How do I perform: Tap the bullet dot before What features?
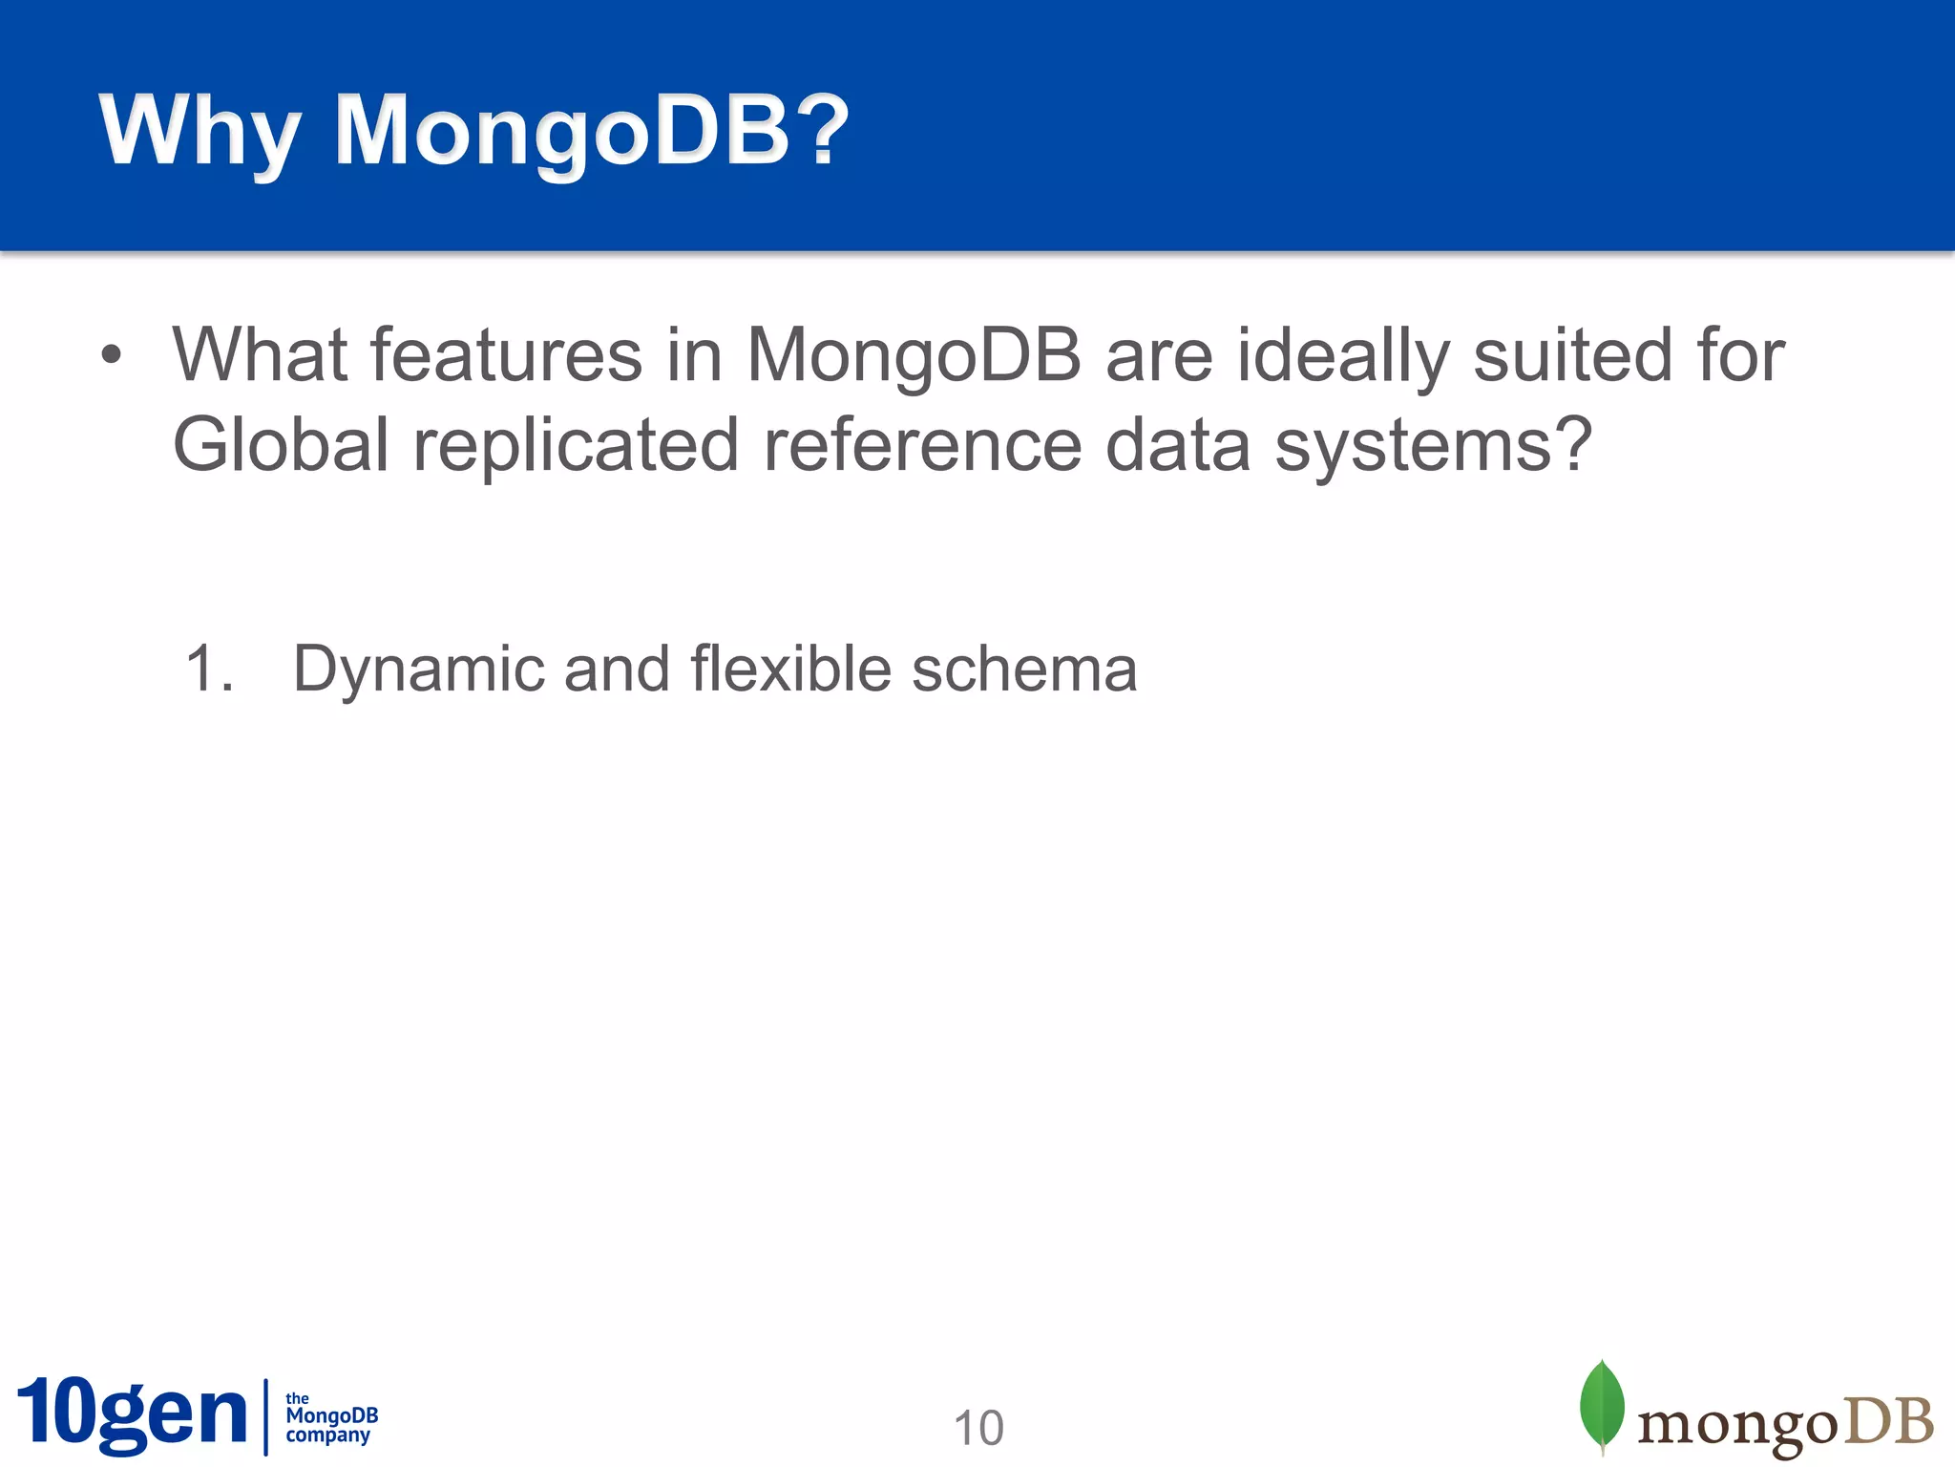(112, 355)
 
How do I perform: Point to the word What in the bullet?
(260, 355)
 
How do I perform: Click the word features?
(506, 355)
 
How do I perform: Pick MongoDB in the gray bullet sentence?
(914, 355)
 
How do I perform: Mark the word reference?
(922, 445)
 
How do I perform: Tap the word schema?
(1024, 669)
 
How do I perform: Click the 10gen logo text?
(132, 1414)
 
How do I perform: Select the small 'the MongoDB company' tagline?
(331, 1417)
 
